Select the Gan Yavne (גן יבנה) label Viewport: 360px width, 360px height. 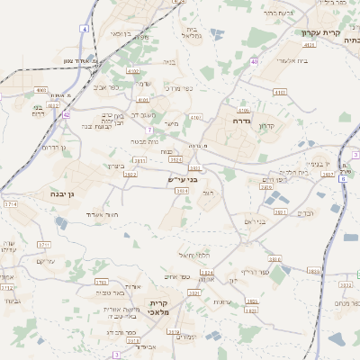pos(58,193)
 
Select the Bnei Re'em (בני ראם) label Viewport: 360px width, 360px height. pos(256,220)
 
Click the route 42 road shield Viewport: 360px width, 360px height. pos(67,115)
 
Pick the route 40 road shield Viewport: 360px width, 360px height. pos(255,62)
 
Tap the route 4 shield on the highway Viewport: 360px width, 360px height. pos(85,29)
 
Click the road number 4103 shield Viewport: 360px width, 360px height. pos(280,92)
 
